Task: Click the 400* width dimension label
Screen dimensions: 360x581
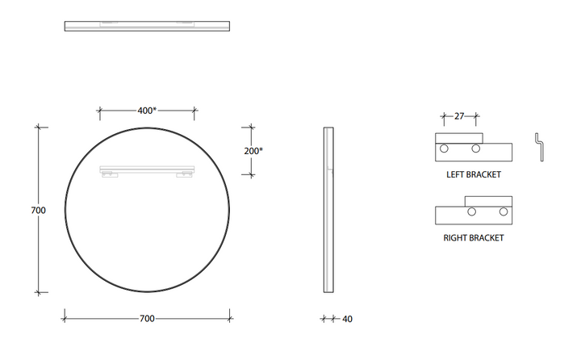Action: tap(147, 111)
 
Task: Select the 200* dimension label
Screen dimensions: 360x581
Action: tap(253, 150)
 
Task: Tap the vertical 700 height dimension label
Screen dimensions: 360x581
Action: tap(38, 210)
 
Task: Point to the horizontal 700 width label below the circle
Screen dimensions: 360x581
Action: tap(146, 319)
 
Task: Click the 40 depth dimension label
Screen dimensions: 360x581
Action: tap(347, 319)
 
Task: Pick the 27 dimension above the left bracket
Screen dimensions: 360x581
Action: tap(459, 116)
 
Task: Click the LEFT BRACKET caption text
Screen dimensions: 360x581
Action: tap(473, 174)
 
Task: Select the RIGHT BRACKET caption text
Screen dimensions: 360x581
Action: tap(473, 238)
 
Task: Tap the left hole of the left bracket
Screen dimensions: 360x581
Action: tap(444, 149)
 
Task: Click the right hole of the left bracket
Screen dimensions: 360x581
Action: tap(476, 149)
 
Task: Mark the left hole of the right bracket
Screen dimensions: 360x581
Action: tap(472, 212)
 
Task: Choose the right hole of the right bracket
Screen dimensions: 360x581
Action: tap(504, 212)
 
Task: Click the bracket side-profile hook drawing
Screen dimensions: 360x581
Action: tap(538, 147)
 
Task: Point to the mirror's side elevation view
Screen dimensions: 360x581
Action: tap(328, 210)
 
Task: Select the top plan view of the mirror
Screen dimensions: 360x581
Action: tap(147, 26)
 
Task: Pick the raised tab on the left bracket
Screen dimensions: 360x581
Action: tap(459, 137)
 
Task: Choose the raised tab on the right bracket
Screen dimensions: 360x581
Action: tap(488, 201)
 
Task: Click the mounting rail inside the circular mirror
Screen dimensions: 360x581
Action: tap(147, 169)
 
